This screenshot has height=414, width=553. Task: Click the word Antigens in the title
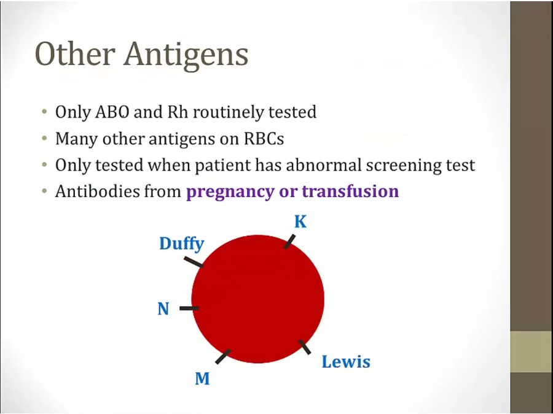186,55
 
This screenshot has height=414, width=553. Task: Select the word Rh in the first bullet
178,112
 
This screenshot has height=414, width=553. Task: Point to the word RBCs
264,139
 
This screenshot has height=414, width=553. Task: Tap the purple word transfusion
351,191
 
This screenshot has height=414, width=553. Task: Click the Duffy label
182,244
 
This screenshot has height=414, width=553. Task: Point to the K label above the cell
300,222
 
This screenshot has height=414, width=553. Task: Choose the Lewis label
346,361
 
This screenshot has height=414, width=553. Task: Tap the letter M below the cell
202,378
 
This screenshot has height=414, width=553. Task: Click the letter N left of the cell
163,309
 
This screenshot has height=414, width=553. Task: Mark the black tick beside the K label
289,242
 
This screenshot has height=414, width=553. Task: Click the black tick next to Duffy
194,262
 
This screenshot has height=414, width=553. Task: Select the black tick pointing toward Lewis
305,347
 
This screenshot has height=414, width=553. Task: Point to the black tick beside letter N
189,309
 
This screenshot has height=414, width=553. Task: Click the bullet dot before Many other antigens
44,139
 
